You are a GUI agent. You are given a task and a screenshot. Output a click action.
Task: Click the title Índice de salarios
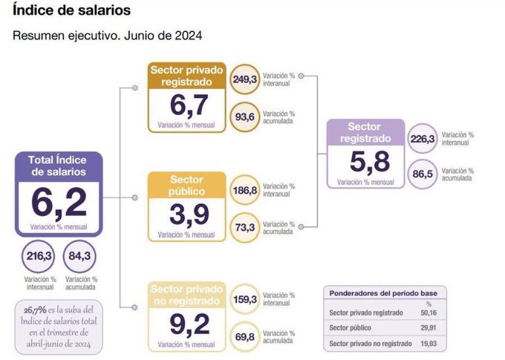click(x=72, y=11)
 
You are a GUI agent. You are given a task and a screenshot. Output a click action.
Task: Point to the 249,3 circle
click(x=245, y=79)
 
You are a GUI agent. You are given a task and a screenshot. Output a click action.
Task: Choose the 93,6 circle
click(x=245, y=116)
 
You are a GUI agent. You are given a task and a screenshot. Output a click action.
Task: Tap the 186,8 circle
click(x=245, y=189)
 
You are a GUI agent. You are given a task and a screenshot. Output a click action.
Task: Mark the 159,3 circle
click(x=245, y=299)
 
